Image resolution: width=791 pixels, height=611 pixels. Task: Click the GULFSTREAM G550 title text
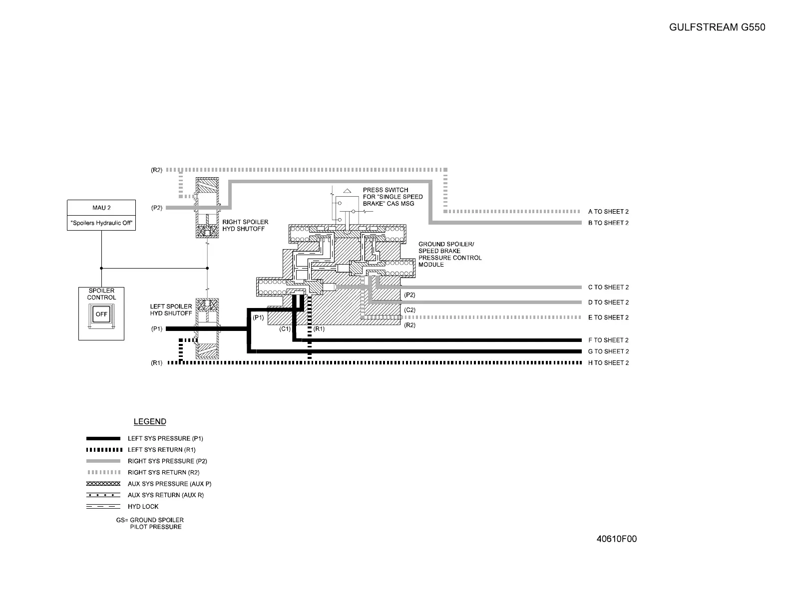pyautogui.click(x=717, y=27)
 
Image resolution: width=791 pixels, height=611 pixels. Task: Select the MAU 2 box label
pyautogui.click(x=101, y=208)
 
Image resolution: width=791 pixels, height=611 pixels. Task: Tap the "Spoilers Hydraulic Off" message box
pyautogui.click(x=101, y=223)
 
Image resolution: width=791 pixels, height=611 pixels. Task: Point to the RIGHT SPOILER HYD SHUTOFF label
pyautogui.click(x=245, y=225)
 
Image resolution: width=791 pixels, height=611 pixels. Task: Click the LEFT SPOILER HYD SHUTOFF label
pyautogui.click(x=171, y=310)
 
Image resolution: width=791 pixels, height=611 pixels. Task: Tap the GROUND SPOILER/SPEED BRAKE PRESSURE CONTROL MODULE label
pyautogui.click(x=449, y=254)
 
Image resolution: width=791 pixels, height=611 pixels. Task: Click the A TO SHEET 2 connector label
pyautogui.click(x=608, y=212)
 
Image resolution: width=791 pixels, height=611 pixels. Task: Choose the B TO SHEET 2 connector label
pyautogui.click(x=608, y=223)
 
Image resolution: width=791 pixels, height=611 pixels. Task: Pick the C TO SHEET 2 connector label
pyautogui.click(x=608, y=287)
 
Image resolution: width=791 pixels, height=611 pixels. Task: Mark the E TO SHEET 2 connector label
pyautogui.click(x=608, y=317)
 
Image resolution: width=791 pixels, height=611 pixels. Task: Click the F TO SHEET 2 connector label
pyautogui.click(x=608, y=340)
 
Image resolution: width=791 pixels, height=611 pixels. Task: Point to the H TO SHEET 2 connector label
pyautogui.click(x=608, y=363)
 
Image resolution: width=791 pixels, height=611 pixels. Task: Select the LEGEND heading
pyautogui.click(x=150, y=422)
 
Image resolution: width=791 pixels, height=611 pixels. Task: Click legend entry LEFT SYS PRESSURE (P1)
pyautogui.click(x=165, y=439)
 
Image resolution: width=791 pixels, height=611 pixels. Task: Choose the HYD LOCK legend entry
pyautogui.click(x=143, y=507)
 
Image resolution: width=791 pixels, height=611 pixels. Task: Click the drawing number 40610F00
pyautogui.click(x=617, y=539)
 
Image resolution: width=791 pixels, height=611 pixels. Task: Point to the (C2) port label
pyautogui.click(x=409, y=310)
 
